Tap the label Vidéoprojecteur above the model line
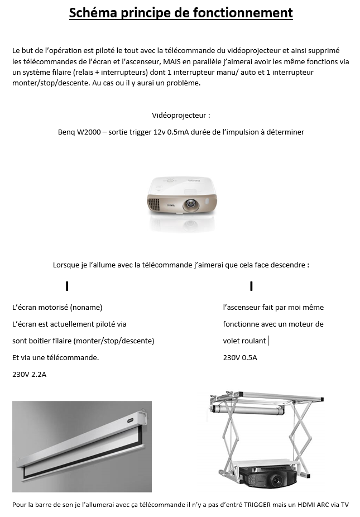point(181,116)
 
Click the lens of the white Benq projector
point(190,205)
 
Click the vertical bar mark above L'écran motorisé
point(67,286)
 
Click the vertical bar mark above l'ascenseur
point(252,286)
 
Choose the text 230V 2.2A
point(30,375)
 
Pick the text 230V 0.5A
point(240,358)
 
